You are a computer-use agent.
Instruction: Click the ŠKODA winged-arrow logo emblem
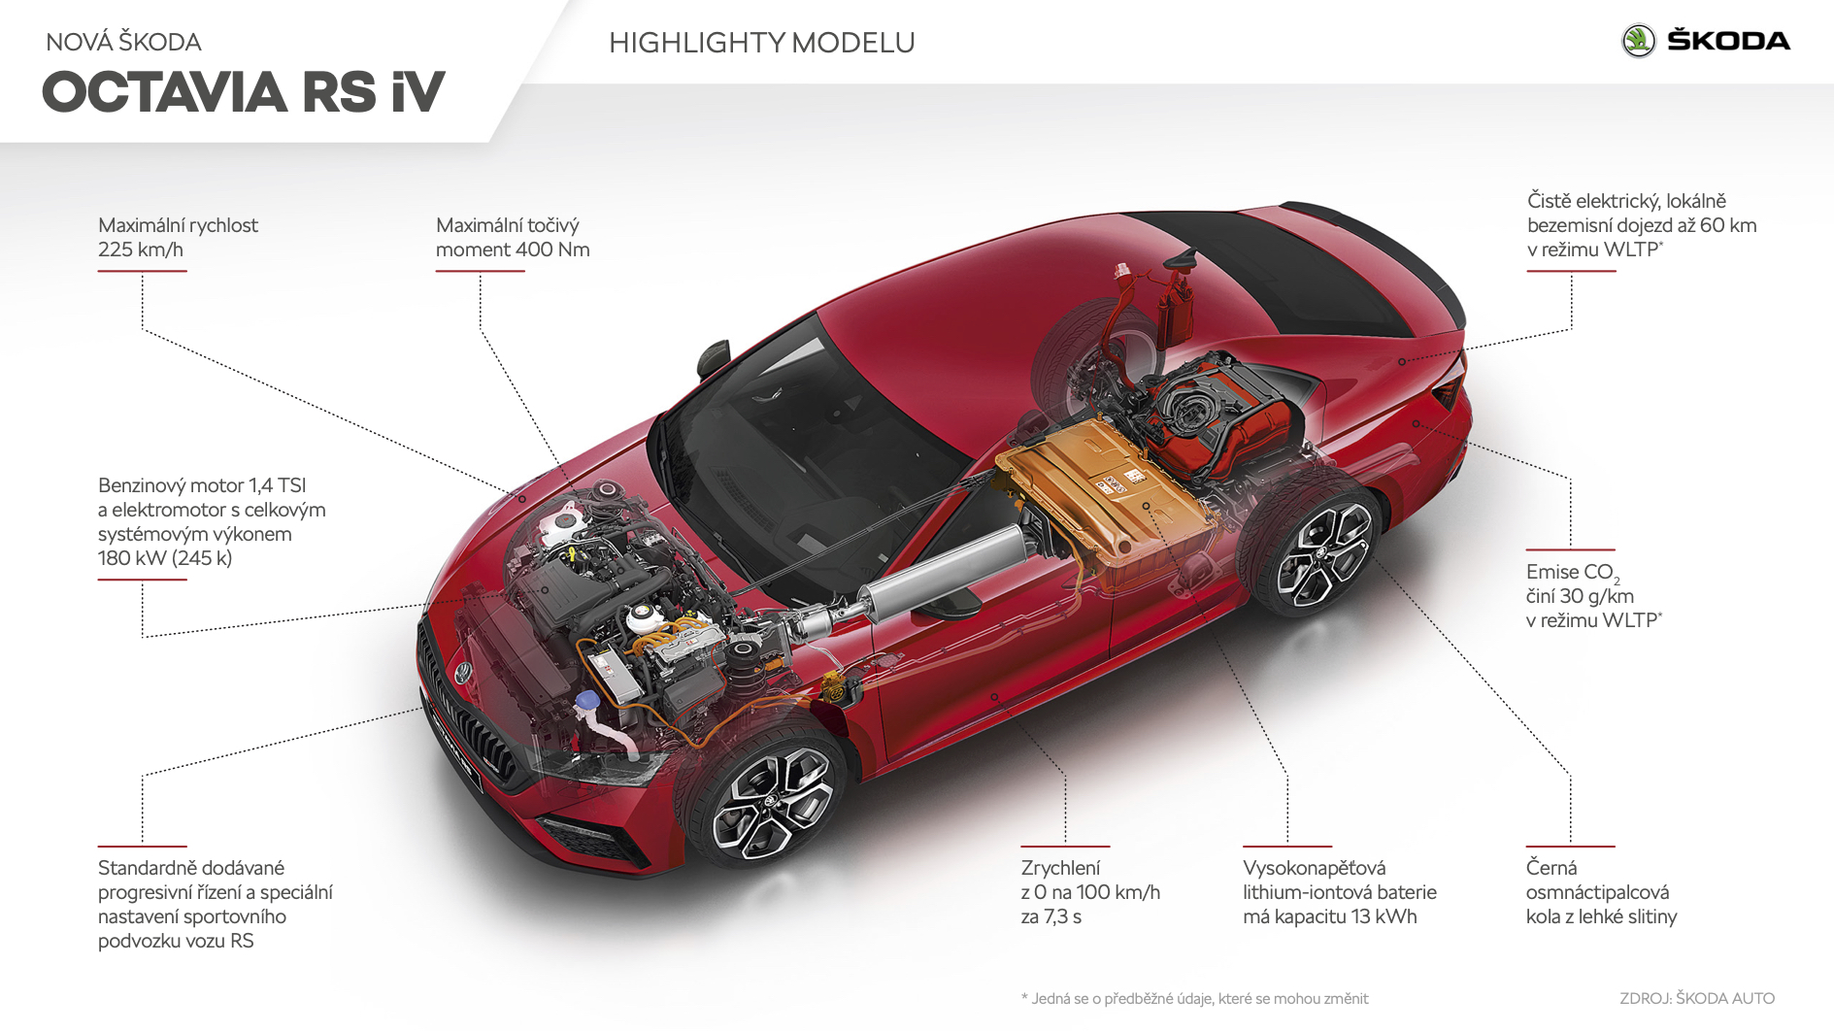(x=1639, y=41)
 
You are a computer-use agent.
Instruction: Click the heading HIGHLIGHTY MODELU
(x=762, y=43)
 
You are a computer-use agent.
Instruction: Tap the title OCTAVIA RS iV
(x=243, y=92)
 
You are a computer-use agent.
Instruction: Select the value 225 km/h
(x=141, y=249)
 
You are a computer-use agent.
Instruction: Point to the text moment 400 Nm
(x=513, y=249)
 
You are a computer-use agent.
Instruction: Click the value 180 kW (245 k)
(x=165, y=558)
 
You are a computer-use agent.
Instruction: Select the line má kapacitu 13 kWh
(x=1330, y=916)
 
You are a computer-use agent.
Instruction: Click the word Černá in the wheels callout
(x=1551, y=867)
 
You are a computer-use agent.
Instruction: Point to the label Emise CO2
(x=1573, y=573)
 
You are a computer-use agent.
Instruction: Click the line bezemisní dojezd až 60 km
(x=1642, y=225)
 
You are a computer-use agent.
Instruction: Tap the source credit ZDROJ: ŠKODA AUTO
(x=1697, y=998)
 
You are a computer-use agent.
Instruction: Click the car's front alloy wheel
(x=770, y=801)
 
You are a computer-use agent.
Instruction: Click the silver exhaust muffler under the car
(x=942, y=579)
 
